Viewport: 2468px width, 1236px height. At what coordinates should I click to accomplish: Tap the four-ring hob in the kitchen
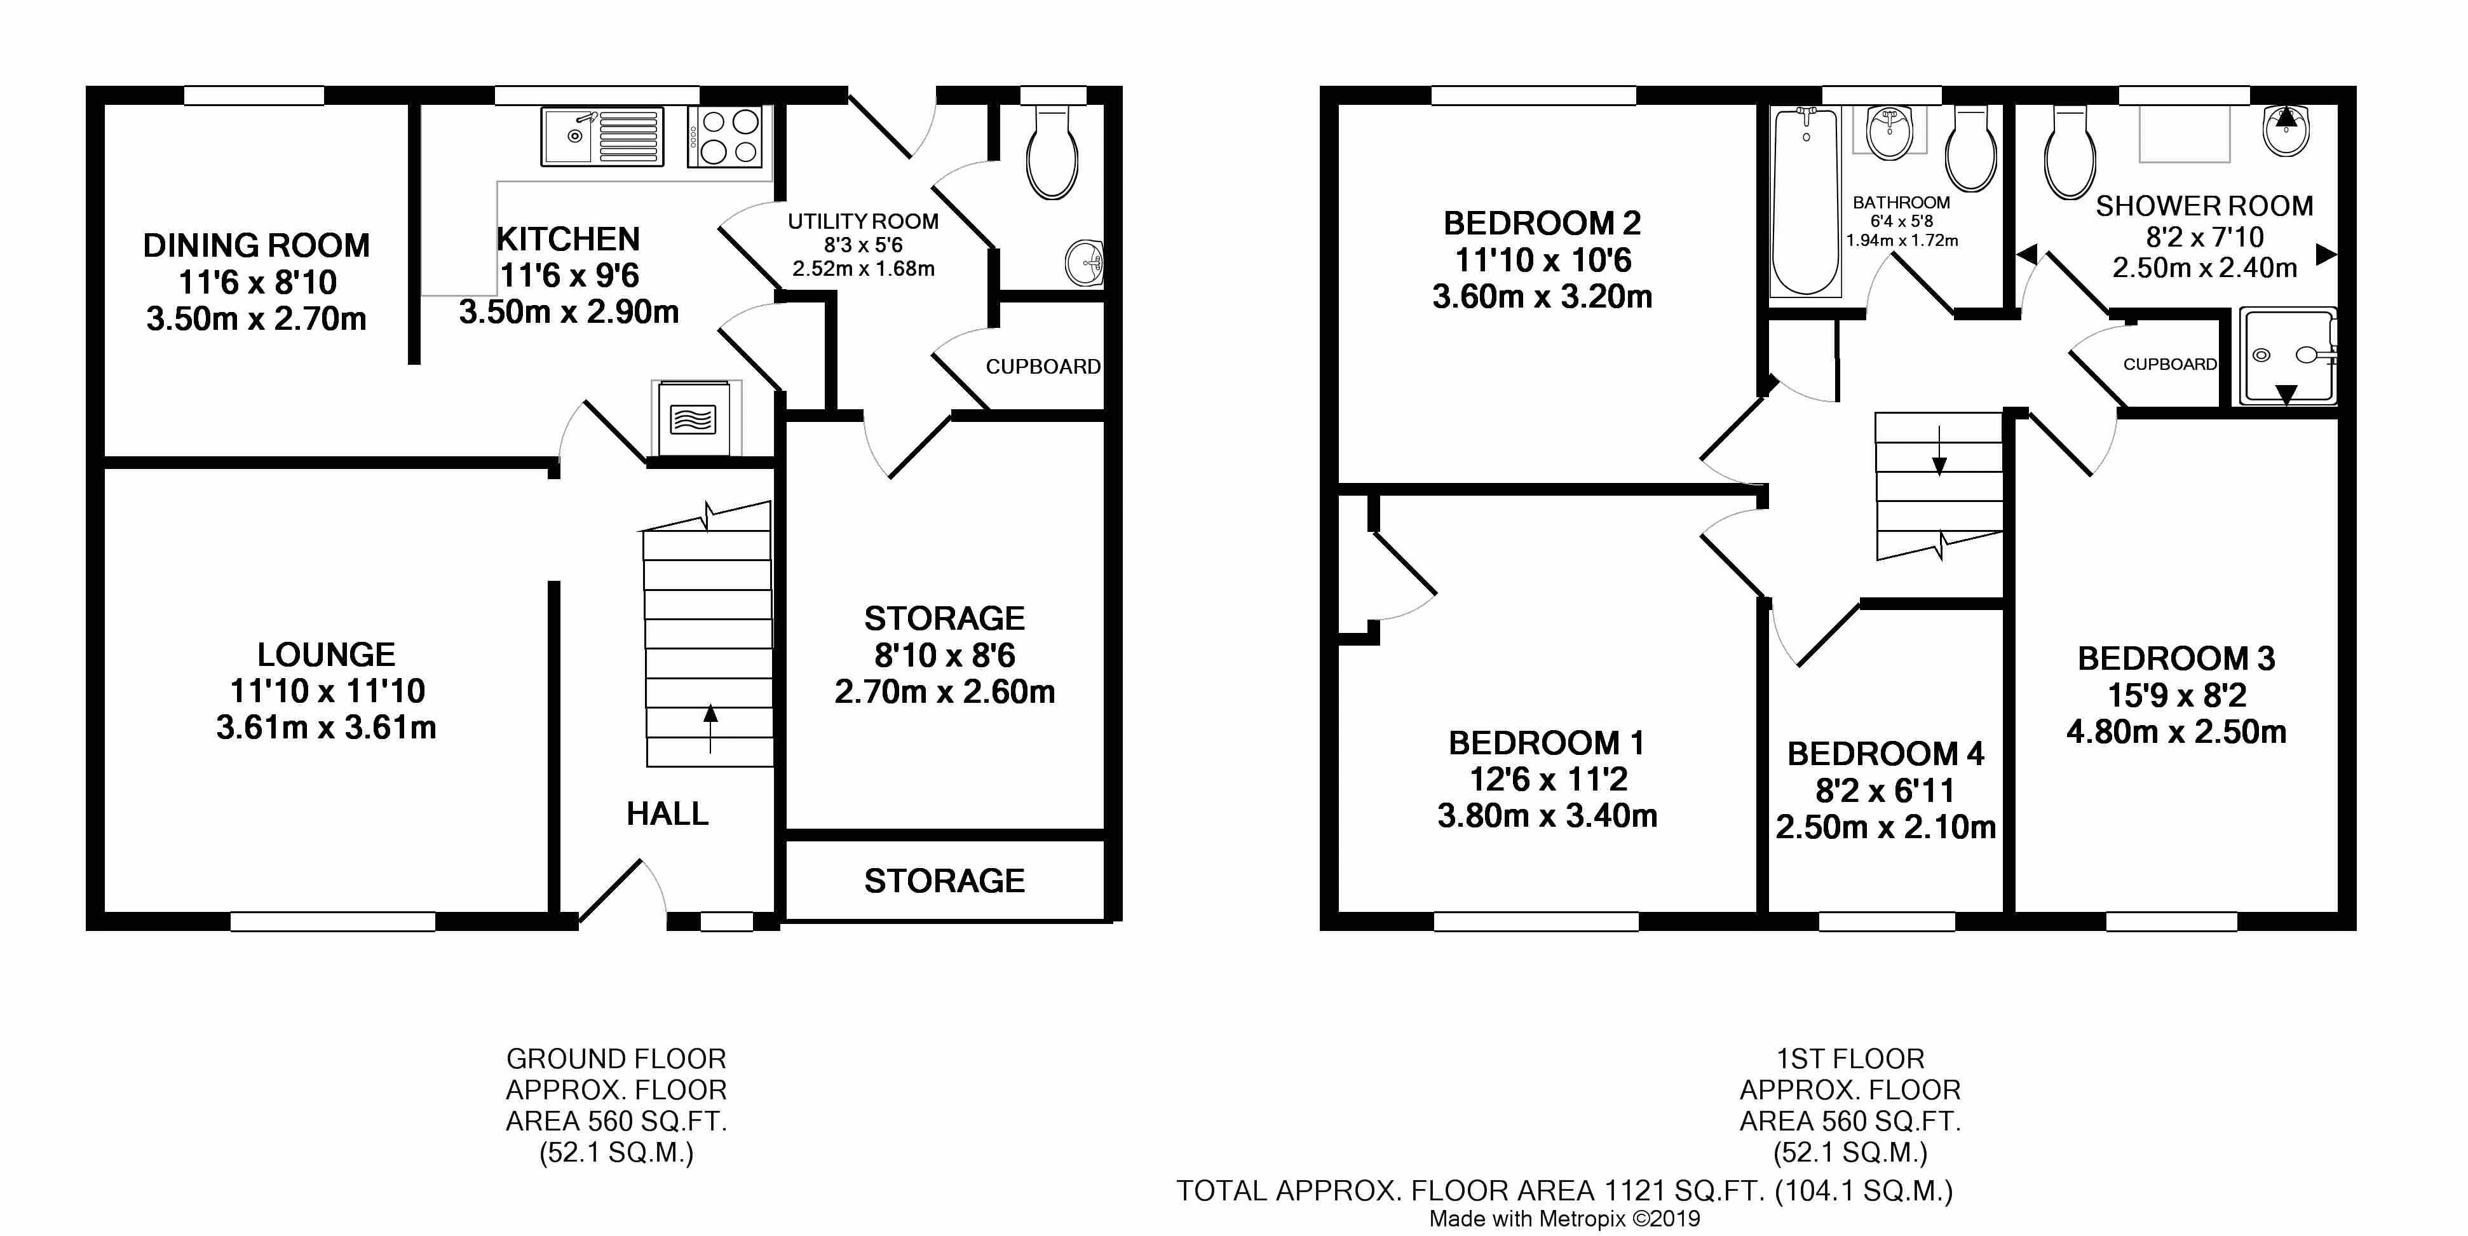[x=725, y=137]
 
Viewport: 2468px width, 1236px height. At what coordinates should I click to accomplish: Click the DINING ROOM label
[x=257, y=245]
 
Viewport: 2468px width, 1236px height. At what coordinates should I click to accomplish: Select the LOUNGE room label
[x=326, y=655]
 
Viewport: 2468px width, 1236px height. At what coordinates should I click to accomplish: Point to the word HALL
[x=668, y=813]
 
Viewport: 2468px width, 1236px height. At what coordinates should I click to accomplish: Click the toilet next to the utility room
[x=1052, y=153]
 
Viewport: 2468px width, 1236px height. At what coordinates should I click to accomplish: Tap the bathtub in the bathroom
[x=1806, y=201]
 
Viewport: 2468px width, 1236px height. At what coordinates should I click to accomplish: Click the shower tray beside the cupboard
[x=2287, y=357]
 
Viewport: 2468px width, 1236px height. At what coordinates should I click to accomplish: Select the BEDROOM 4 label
[x=1885, y=754]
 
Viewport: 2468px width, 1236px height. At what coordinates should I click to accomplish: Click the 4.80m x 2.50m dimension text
[x=2177, y=732]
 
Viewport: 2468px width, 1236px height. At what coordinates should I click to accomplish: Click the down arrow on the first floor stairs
[x=1939, y=451]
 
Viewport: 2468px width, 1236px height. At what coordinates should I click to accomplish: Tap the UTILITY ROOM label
[x=863, y=221]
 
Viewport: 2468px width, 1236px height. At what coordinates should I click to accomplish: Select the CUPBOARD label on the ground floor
[x=1043, y=366]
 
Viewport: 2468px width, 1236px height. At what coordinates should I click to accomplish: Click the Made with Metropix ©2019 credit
[x=1564, y=1219]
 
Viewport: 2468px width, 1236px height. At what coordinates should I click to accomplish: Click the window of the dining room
[x=254, y=95]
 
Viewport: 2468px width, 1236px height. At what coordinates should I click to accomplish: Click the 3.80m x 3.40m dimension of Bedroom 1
[x=1547, y=815]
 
